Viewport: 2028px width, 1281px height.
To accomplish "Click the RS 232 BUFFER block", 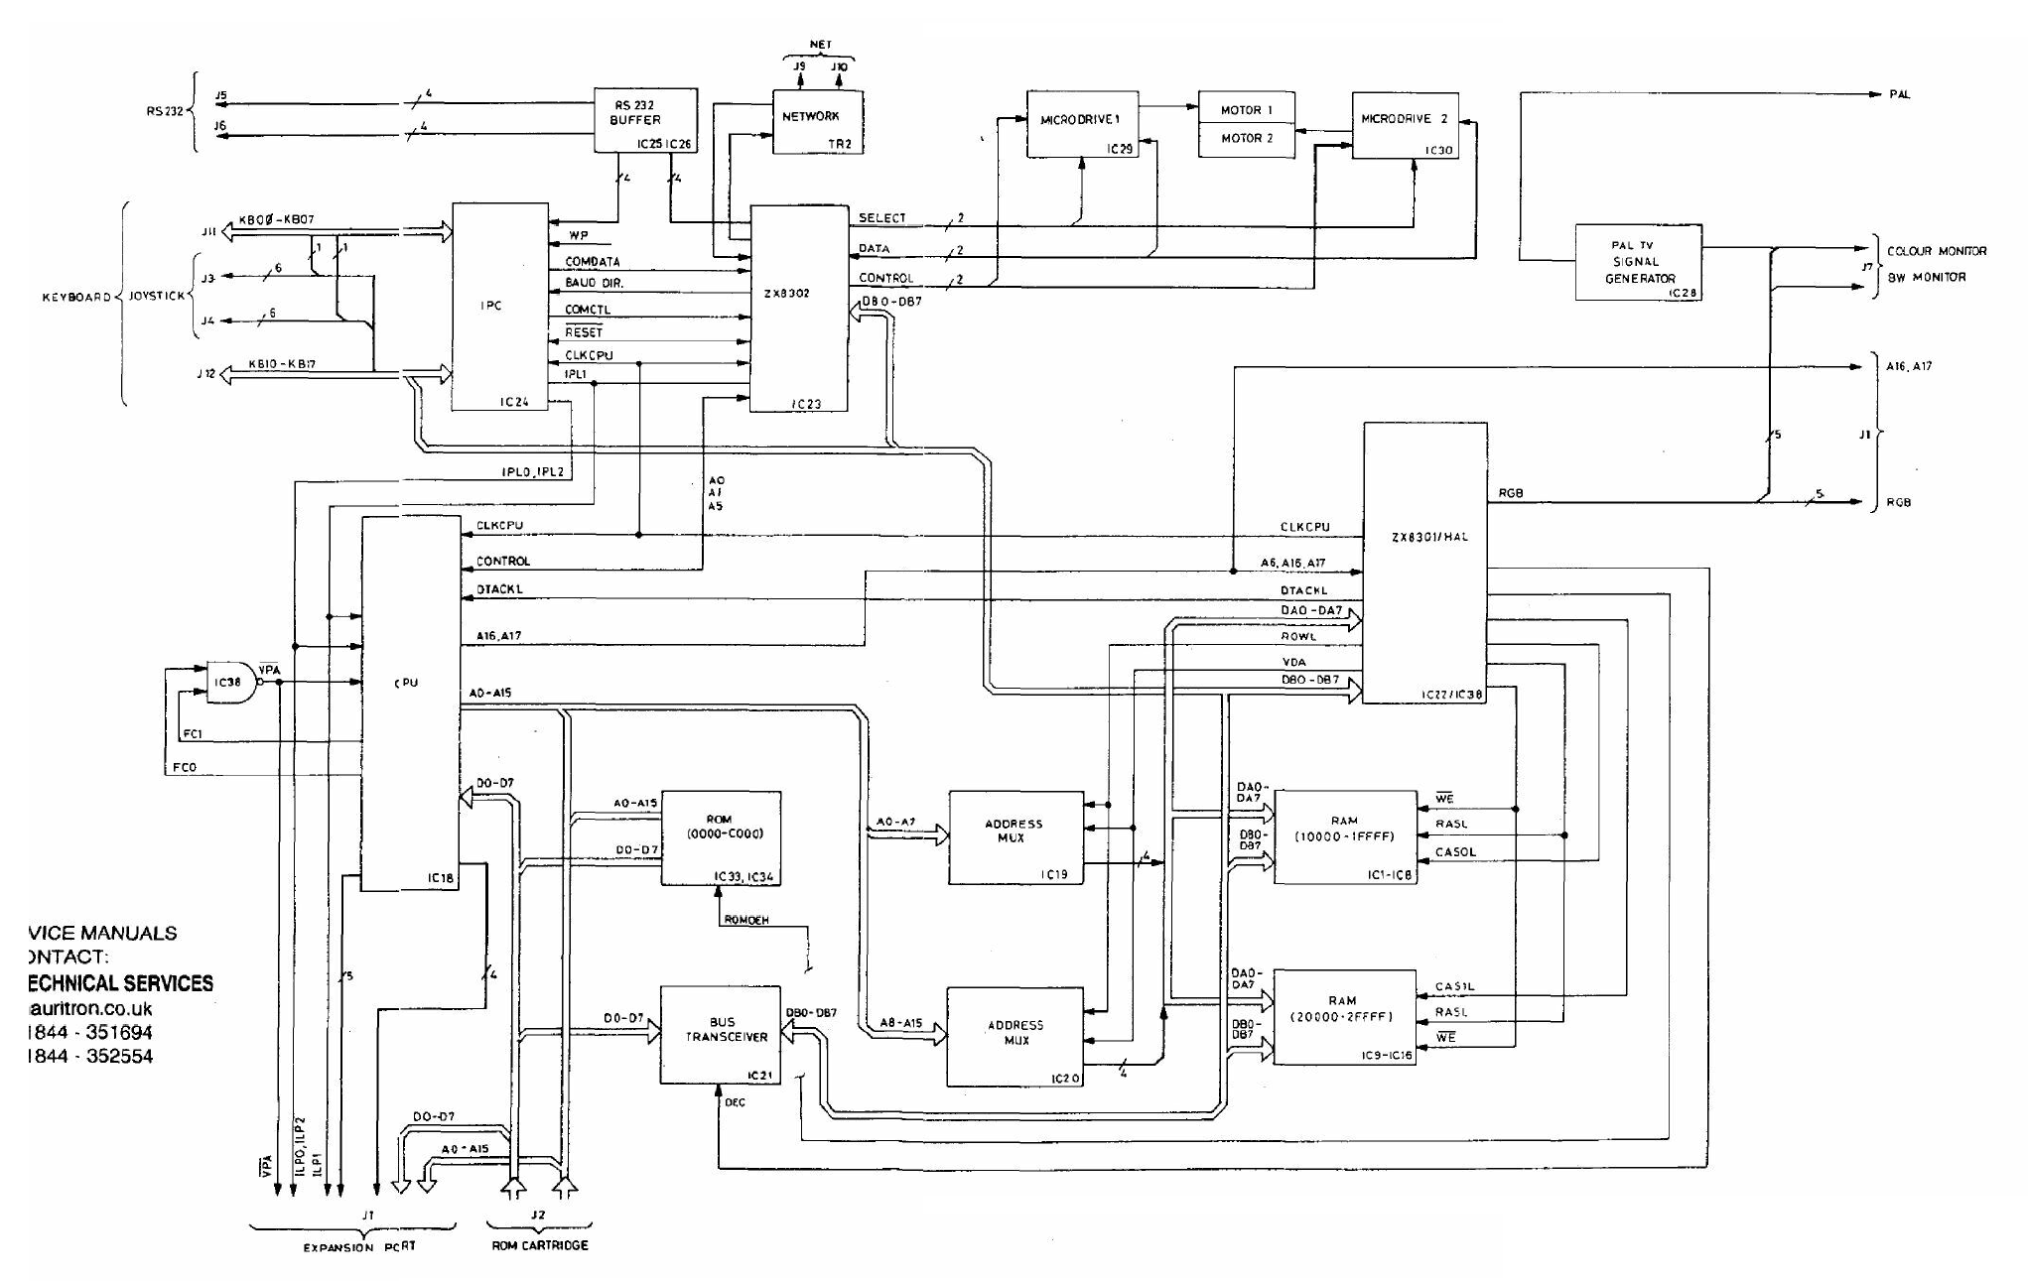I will pyautogui.click(x=645, y=120).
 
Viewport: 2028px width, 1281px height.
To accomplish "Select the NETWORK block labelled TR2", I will pyautogui.click(x=818, y=121).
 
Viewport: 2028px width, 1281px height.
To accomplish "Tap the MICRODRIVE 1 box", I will pyautogui.click(x=1081, y=123).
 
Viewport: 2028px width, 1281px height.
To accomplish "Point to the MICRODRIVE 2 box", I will pyautogui.click(x=1405, y=124).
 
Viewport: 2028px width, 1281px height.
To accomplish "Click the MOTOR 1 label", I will pyautogui.click(x=1246, y=110).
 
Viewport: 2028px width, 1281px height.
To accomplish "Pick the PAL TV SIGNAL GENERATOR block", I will pyautogui.click(x=1638, y=262).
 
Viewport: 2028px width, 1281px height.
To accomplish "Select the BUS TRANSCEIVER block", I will pyautogui.click(x=720, y=1035).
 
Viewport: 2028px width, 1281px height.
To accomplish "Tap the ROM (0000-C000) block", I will pyautogui.click(x=721, y=837).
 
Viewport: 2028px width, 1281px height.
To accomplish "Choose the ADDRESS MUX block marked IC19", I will pyautogui.click(x=1014, y=837).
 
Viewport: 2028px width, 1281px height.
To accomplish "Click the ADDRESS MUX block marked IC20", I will pyautogui.click(x=1014, y=1036).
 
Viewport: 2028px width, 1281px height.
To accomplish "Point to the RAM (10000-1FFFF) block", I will pyautogui.click(x=1344, y=836).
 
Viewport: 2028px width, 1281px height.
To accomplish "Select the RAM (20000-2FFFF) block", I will pyautogui.click(x=1344, y=1016).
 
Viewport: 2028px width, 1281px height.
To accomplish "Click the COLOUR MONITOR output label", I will pyautogui.click(x=1936, y=251).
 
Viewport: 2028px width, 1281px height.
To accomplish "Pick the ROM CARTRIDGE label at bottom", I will pyautogui.click(x=540, y=1245).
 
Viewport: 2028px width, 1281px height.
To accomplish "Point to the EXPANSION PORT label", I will pyautogui.click(x=358, y=1247).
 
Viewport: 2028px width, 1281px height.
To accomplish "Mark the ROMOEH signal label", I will pyautogui.click(x=745, y=920).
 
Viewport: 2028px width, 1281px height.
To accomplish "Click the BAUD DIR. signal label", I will pyautogui.click(x=594, y=284).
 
